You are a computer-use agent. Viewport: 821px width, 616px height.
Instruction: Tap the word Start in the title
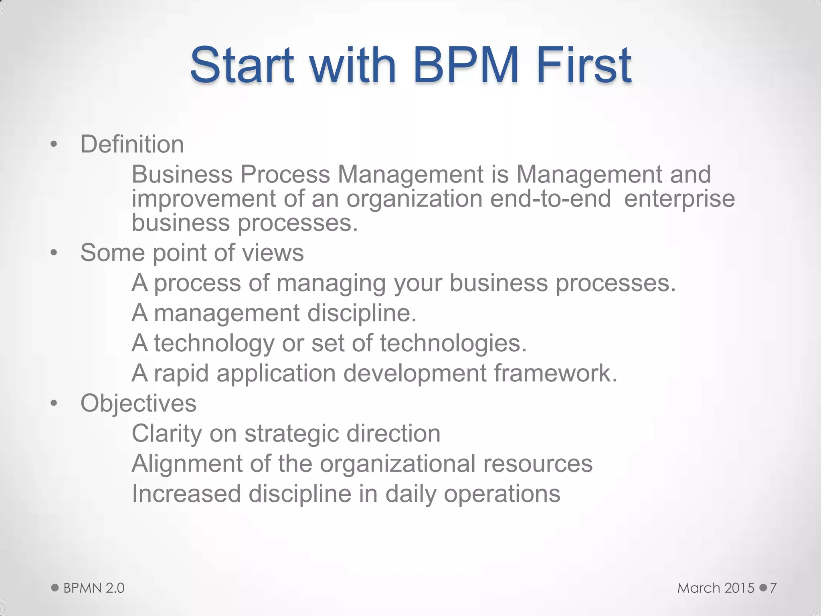[x=242, y=65]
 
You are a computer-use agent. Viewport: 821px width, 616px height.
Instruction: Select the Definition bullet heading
[x=132, y=144]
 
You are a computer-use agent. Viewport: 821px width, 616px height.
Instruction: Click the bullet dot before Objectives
[x=54, y=403]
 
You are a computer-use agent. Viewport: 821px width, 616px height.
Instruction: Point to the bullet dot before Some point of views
[x=54, y=253]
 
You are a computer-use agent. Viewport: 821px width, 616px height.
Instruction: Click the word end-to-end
[x=550, y=199]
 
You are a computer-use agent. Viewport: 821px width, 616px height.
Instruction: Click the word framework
[x=555, y=373]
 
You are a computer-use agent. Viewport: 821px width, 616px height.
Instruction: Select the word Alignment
[x=187, y=464]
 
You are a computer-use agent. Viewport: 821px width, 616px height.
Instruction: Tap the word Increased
[x=186, y=494]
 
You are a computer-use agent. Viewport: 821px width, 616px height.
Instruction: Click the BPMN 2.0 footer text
[x=94, y=588]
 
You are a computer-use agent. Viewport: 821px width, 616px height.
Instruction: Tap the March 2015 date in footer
[x=716, y=588]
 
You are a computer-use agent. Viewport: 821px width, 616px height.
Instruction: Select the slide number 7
[x=773, y=588]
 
